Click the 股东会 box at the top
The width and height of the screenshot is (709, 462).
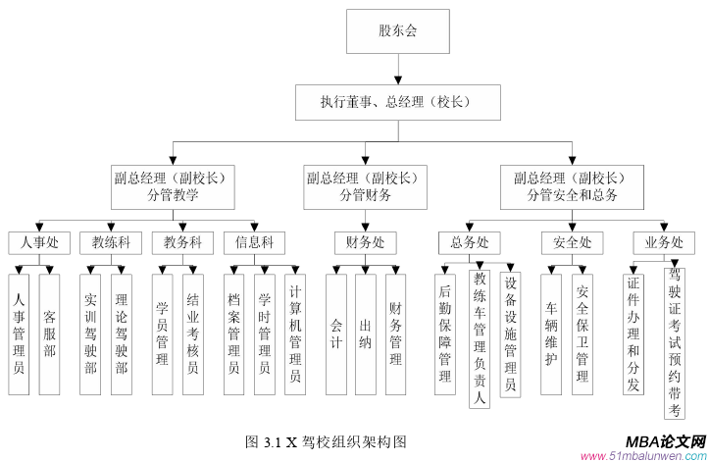(x=397, y=31)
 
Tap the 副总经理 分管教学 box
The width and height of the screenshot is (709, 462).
(x=172, y=186)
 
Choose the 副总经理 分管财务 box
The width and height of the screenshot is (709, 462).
(x=365, y=186)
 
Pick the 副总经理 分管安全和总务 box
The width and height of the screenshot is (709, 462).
(x=571, y=186)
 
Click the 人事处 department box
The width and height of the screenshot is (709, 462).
(x=39, y=241)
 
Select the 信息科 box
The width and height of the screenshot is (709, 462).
(x=254, y=241)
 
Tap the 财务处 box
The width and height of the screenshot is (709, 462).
(x=365, y=241)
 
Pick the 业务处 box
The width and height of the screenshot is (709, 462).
(x=664, y=241)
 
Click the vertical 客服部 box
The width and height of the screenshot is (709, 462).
(x=49, y=334)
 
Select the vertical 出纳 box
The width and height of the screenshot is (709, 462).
(x=365, y=334)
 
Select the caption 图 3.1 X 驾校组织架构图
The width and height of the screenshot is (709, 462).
(x=323, y=441)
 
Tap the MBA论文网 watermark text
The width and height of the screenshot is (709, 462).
(x=665, y=441)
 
